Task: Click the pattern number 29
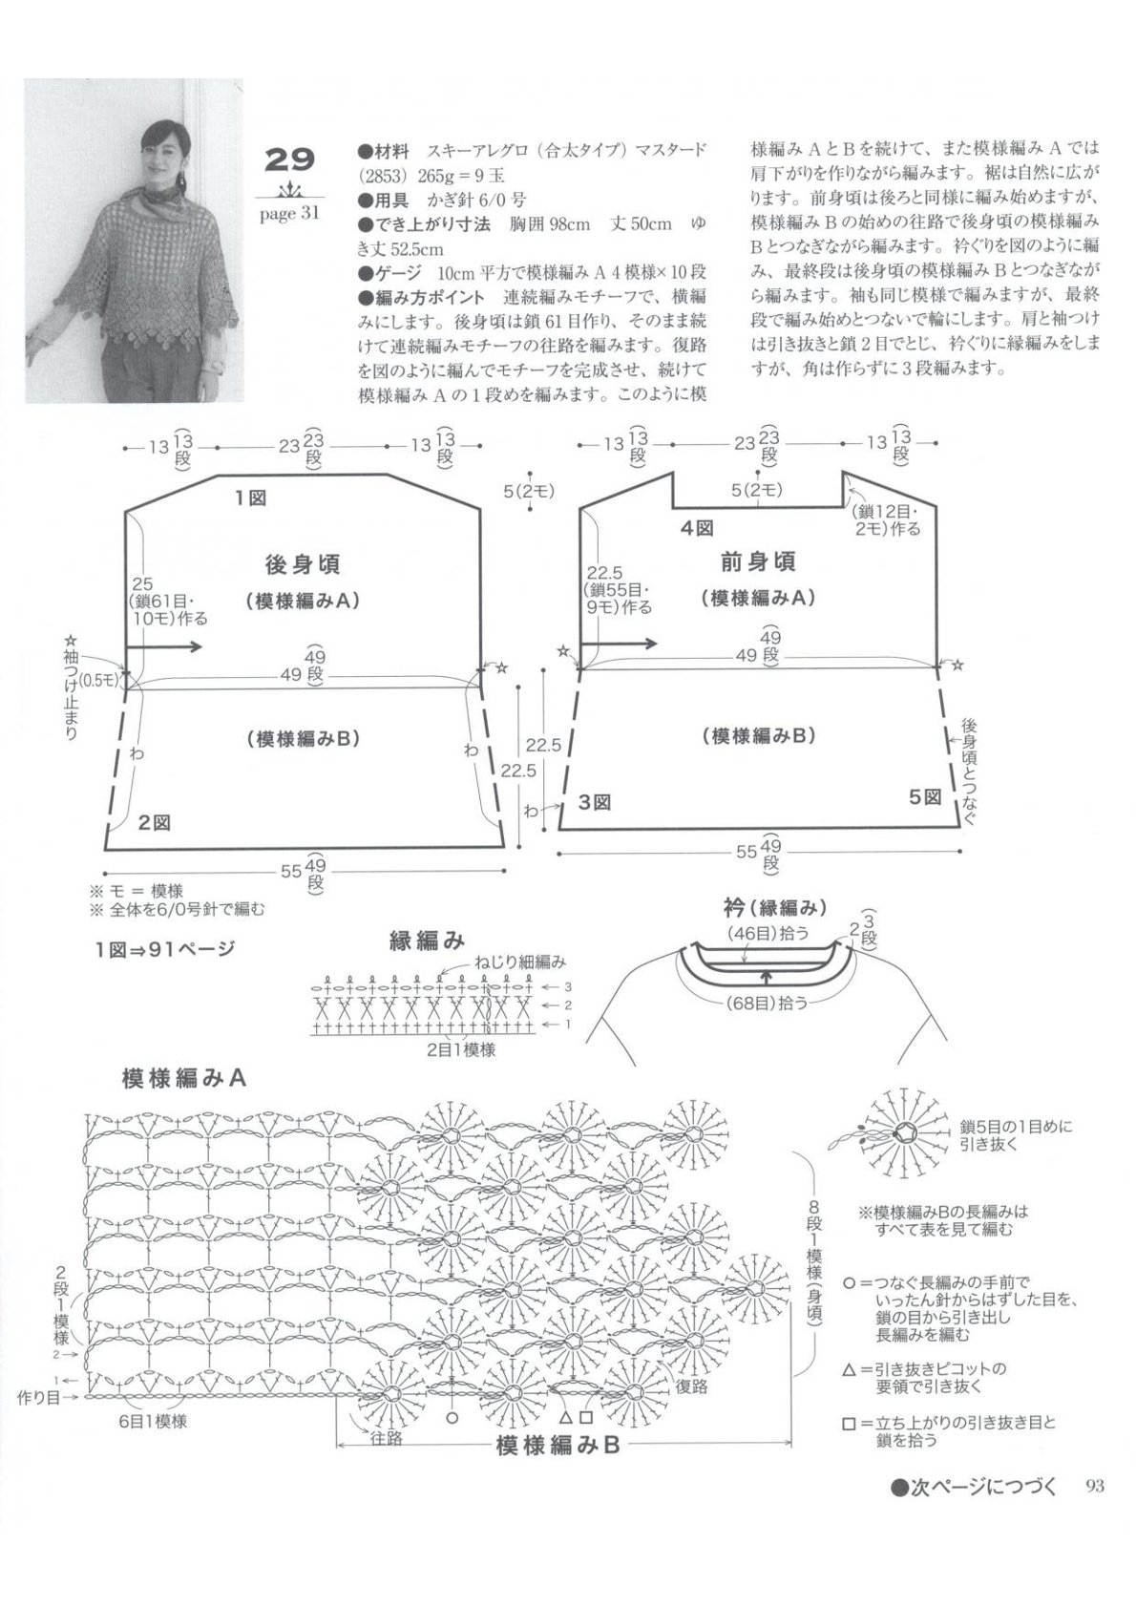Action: pos(290,160)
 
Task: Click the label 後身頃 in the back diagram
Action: pos(302,564)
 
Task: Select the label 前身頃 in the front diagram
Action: pos(758,561)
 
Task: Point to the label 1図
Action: pos(250,497)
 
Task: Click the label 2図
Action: pos(155,823)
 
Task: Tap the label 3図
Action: pos(594,803)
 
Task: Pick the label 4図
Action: pos(697,529)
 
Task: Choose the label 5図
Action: pos(924,797)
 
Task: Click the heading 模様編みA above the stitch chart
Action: pos(184,1078)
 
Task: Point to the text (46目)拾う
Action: pos(768,933)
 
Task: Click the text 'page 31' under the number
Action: pos(289,214)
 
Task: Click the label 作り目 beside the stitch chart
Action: pos(40,1398)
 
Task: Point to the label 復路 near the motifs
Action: pos(690,1385)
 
